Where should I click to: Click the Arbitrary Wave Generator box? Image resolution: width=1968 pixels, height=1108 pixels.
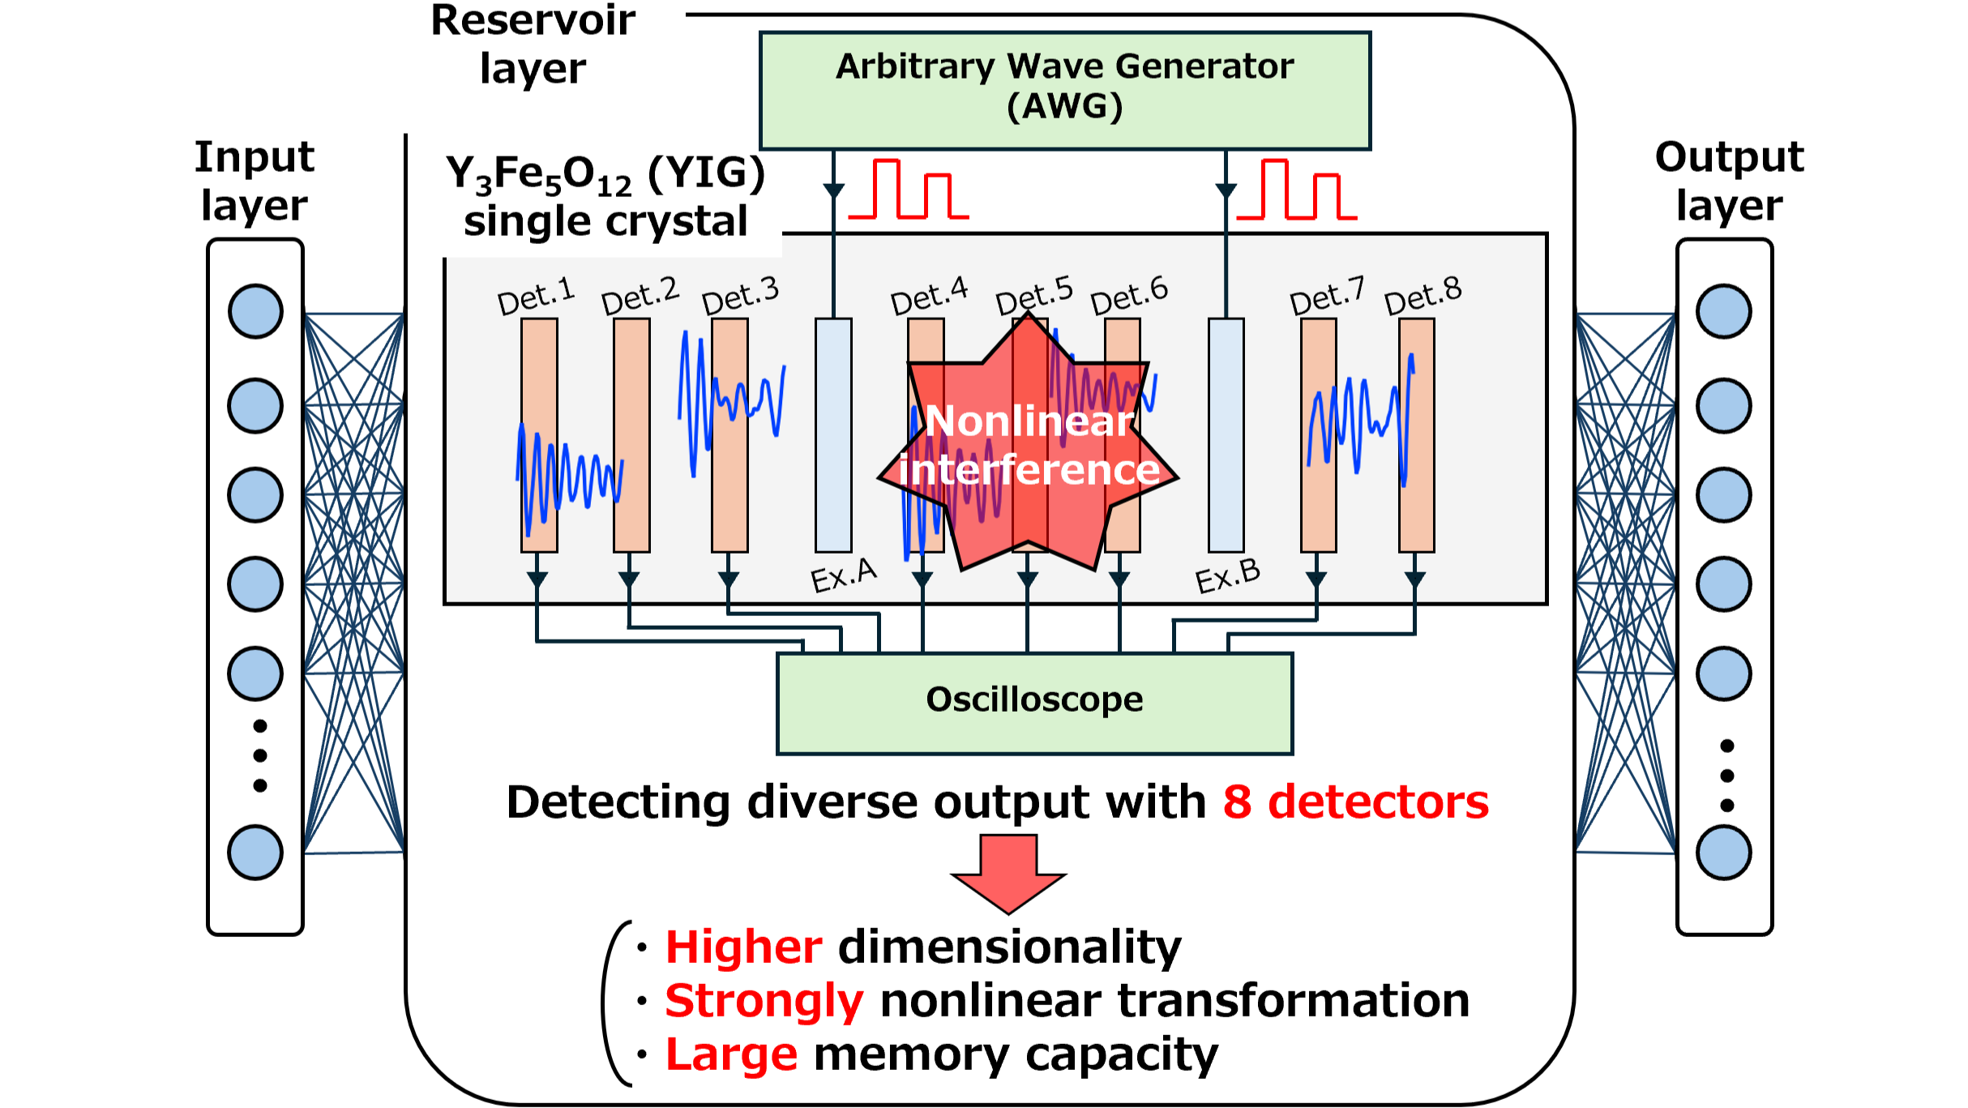[x=1064, y=90]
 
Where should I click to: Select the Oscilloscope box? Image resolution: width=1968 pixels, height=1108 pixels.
[x=1034, y=702]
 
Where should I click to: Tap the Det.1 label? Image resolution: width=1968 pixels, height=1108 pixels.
[x=536, y=297]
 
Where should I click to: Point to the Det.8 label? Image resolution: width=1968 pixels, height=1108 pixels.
[x=1423, y=295]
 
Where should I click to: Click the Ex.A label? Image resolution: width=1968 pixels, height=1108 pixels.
[x=844, y=575]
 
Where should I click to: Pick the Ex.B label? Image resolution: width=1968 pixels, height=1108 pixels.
[x=1228, y=575]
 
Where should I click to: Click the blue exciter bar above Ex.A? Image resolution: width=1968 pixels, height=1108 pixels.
[x=833, y=434]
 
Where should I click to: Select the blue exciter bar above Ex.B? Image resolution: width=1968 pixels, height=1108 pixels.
[x=1226, y=434]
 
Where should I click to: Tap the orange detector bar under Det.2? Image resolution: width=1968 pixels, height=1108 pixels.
[x=631, y=434]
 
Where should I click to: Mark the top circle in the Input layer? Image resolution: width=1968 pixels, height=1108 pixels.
[x=255, y=311]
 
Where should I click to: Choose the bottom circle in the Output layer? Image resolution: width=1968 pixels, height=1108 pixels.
[x=1724, y=853]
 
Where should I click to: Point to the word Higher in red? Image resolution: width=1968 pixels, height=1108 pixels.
[x=743, y=947]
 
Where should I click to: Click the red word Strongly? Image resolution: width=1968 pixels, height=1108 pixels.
[x=764, y=1001]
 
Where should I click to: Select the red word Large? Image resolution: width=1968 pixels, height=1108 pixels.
[x=731, y=1055]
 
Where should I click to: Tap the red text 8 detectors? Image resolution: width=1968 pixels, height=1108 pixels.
[x=1355, y=802]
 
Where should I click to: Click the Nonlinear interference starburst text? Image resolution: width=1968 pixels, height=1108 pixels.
[x=1029, y=446]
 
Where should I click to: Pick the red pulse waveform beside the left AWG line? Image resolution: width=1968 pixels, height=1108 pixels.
[x=908, y=190]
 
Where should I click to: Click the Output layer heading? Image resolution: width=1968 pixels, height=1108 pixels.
[x=1729, y=180]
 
